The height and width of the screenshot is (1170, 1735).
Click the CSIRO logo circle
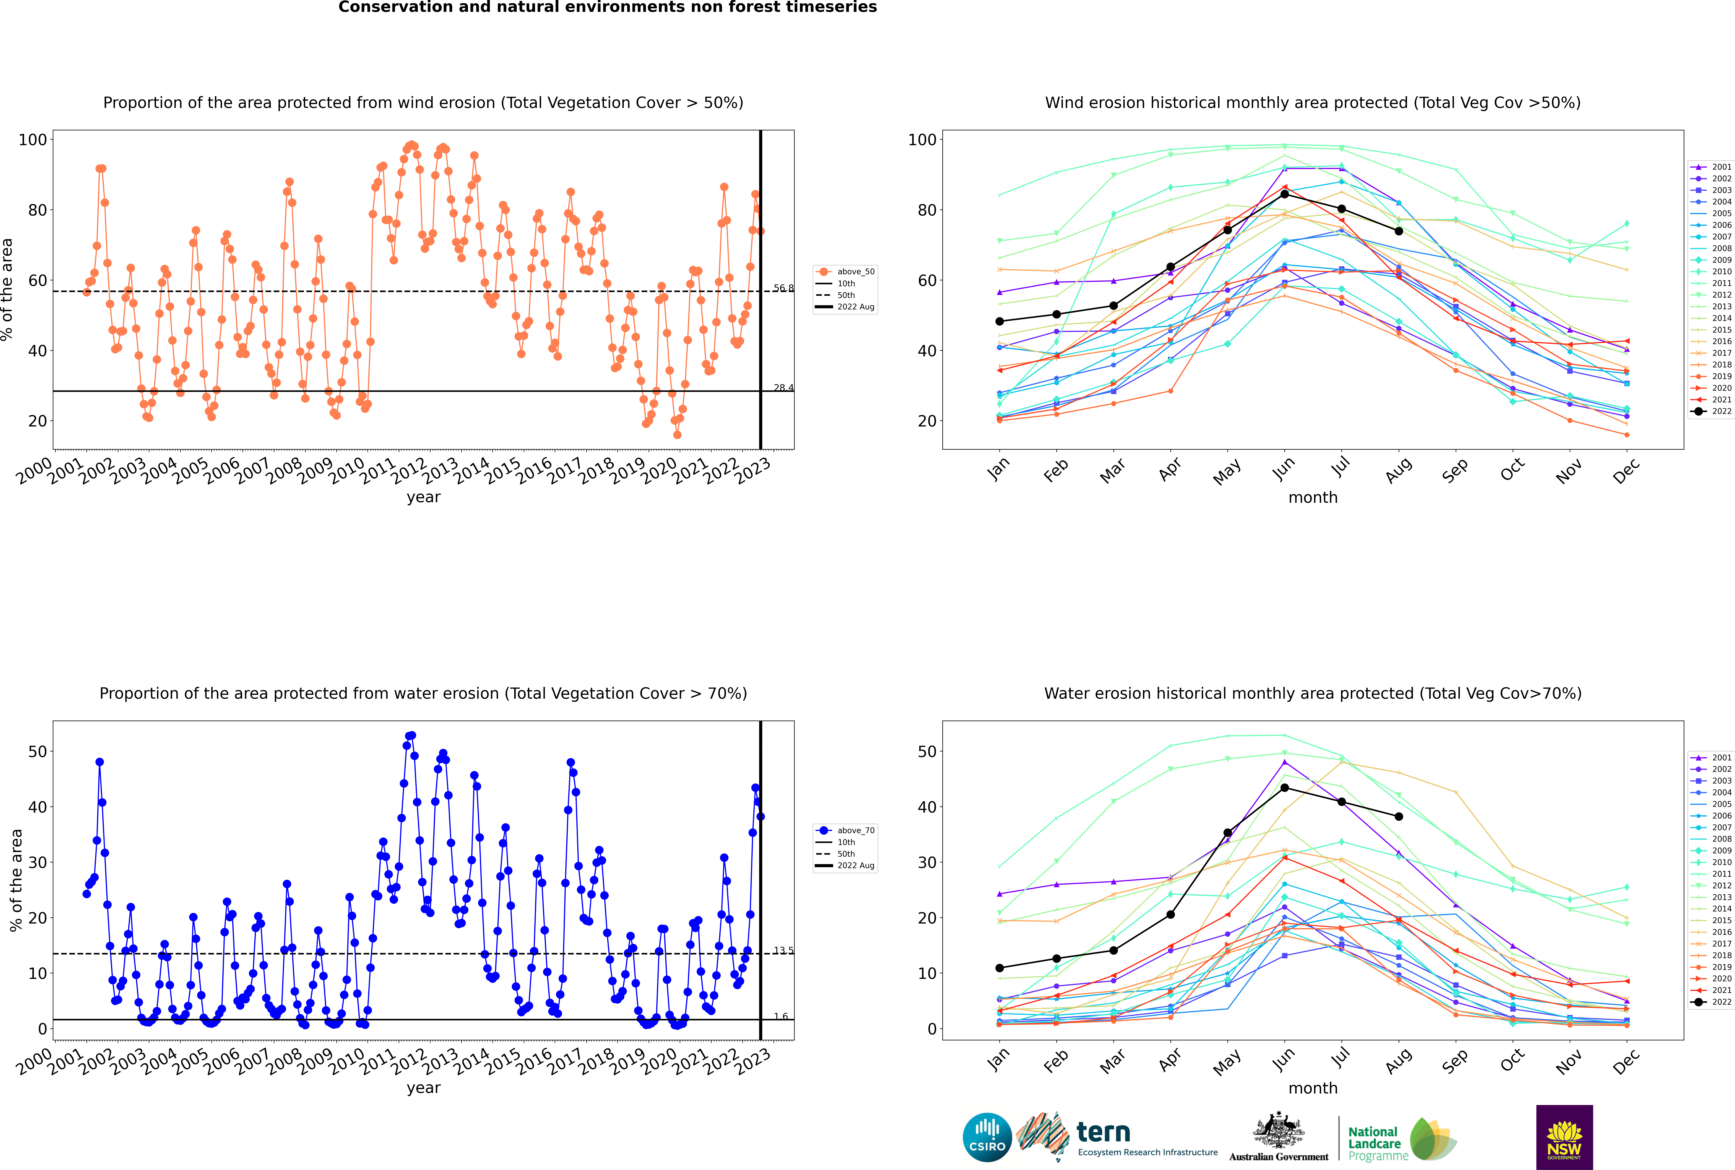[987, 1137]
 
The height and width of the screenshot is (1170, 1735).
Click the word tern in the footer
[1103, 1133]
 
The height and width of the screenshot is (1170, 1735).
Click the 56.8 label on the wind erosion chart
[783, 288]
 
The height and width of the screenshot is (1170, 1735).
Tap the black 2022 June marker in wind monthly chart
[1284, 194]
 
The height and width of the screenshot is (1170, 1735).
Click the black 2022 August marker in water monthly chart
[1399, 816]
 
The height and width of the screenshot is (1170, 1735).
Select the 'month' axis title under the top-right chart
[1313, 498]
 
